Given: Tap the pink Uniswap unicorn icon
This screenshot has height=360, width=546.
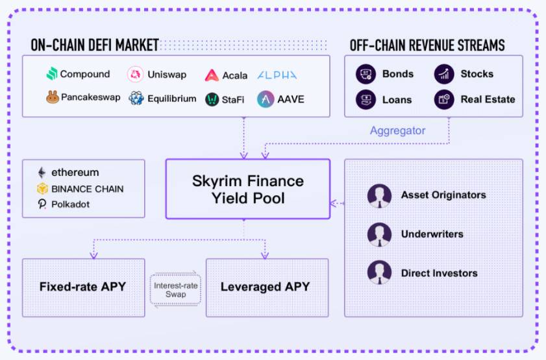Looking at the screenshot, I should (x=135, y=74).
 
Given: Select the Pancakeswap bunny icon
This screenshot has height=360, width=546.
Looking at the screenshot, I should (x=53, y=97).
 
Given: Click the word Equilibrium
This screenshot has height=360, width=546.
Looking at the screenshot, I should (x=171, y=99).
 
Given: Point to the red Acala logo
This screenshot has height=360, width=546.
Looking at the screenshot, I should (x=212, y=75).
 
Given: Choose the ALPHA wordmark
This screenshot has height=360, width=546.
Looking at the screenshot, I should (x=277, y=75).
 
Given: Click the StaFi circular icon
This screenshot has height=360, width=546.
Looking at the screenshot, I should (x=212, y=99).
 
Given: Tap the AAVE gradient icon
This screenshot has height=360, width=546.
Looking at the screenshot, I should (x=265, y=99).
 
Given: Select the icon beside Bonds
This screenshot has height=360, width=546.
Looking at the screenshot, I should (x=366, y=74).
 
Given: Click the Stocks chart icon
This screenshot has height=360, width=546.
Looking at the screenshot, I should (x=444, y=74).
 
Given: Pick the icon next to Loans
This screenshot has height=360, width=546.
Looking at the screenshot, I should (x=366, y=99).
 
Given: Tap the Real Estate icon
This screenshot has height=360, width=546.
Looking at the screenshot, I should (x=444, y=99).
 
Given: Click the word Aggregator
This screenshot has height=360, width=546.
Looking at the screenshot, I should (x=397, y=130).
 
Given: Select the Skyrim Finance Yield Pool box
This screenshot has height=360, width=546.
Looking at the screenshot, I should (x=247, y=188).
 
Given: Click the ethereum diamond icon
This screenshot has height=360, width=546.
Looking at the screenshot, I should (x=42, y=173).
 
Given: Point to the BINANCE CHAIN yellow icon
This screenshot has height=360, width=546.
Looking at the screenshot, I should (x=42, y=189).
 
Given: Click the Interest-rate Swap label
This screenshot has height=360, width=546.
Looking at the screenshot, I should (x=175, y=289).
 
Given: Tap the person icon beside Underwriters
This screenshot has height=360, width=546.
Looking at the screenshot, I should (x=379, y=234).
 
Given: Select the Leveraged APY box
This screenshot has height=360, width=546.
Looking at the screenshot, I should (x=265, y=287).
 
